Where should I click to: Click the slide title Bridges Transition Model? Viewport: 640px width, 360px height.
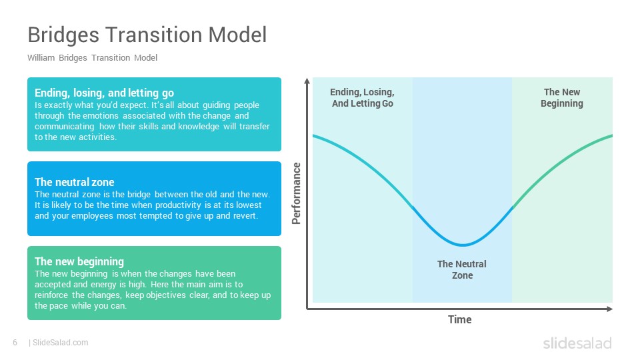[x=147, y=35]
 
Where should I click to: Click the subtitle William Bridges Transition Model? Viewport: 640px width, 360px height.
[x=92, y=57]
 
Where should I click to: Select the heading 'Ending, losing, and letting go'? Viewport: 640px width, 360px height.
[x=104, y=93]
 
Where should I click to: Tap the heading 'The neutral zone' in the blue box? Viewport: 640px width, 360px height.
[x=74, y=182]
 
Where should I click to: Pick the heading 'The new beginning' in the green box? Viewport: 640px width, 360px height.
[x=79, y=261]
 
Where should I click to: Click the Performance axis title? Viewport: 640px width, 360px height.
[x=296, y=193]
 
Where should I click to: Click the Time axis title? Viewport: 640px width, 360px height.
[x=459, y=319]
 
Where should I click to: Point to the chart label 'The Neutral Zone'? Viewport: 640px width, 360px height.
[x=462, y=270]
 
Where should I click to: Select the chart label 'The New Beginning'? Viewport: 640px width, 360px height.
[x=562, y=98]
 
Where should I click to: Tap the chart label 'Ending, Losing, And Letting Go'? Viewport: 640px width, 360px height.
[x=363, y=98]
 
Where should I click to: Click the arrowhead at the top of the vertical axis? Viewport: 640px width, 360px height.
[x=307, y=81]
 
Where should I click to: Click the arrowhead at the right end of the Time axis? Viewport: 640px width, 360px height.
[x=610, y=309]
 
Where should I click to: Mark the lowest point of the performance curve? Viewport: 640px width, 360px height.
[x=463, y=245]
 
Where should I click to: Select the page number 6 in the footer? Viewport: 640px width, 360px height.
[x=15, y=343]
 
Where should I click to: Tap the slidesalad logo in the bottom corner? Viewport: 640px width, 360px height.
[x=577, y=343]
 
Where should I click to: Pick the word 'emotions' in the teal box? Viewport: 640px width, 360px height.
[x=101, y=116]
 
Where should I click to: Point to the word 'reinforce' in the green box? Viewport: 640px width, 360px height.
[x=51, y=295]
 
